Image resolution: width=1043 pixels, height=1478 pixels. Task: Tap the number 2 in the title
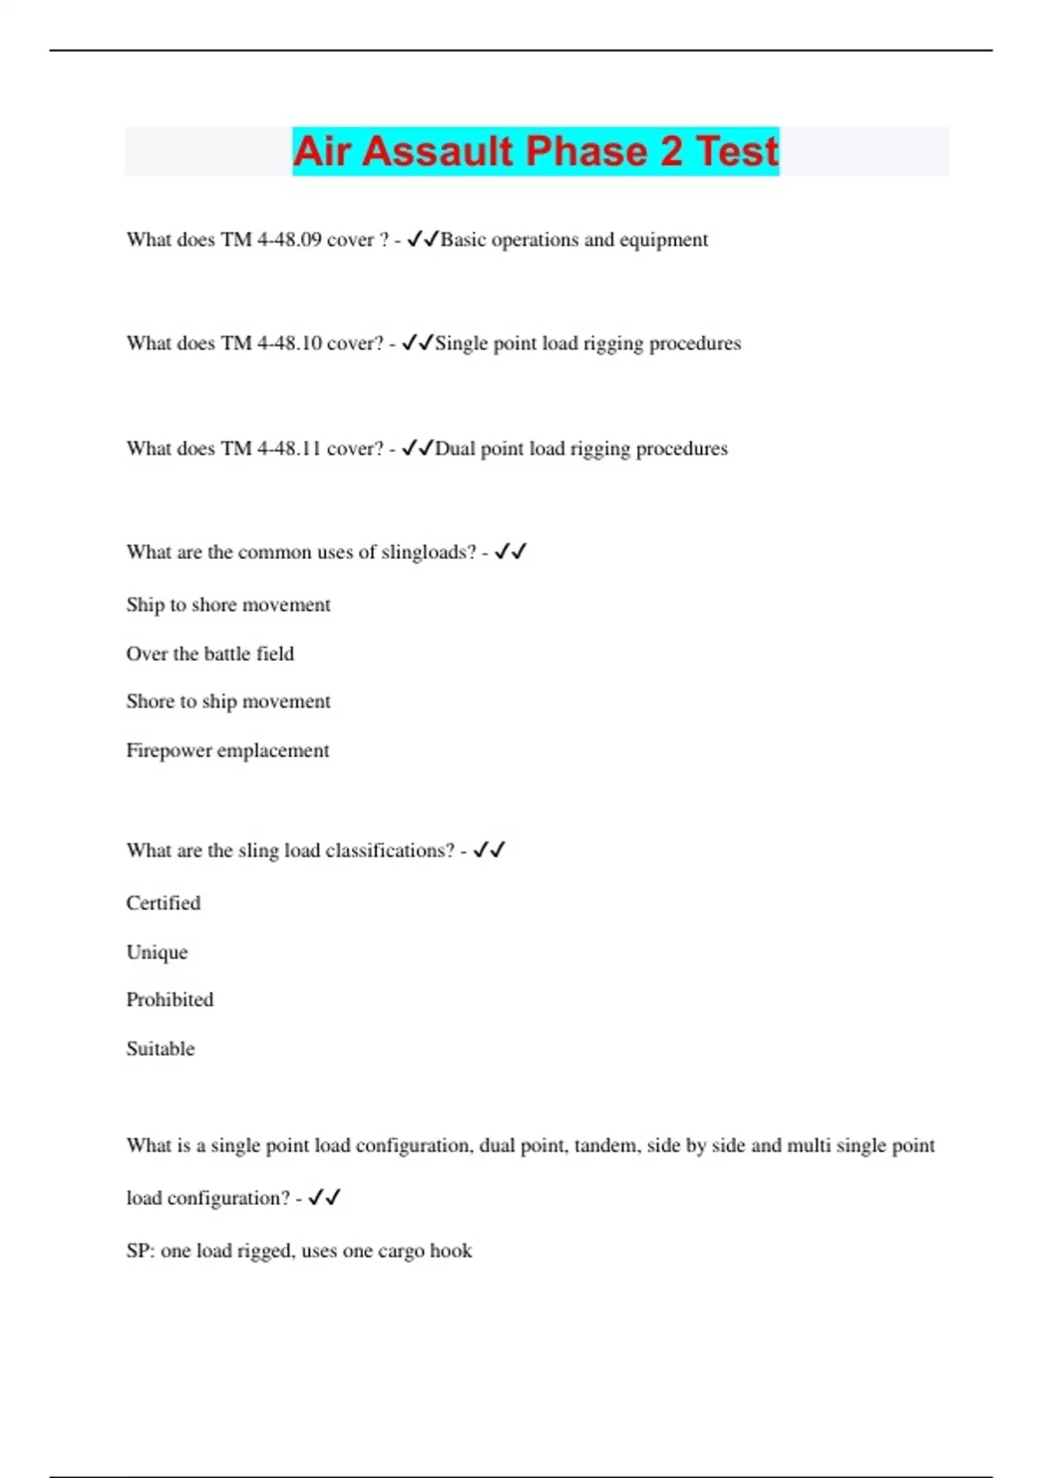[x=671, y=151]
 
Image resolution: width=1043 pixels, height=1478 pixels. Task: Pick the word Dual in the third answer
[x=455, y=449]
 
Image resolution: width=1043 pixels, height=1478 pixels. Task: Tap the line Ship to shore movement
[x=228, y=605]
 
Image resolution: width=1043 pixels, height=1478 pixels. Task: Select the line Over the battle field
[x=209, y=654]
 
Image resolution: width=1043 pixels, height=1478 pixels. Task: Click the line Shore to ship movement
[x=228, y=702]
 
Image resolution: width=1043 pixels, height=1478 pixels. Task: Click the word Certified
[x=163, y=903]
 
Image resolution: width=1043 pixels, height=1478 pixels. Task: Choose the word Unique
[x=156, y=952]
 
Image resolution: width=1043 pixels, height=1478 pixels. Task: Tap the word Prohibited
[x=169, y=1000]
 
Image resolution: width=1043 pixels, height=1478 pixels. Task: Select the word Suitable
[x=160, y=1049]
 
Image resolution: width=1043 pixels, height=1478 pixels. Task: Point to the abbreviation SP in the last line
[x=138, y=1251]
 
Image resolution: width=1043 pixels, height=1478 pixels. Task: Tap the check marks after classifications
[x=489, y=850]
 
